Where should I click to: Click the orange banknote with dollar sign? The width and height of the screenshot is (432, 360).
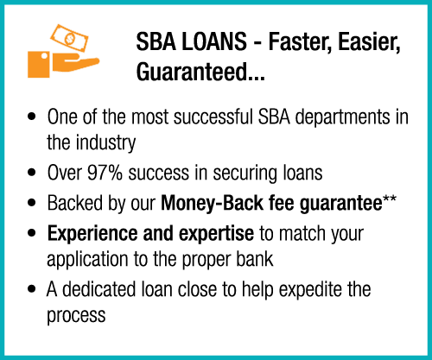click(x=69, y=38)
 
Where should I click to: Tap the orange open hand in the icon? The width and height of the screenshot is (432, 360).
click(x=76, y=65)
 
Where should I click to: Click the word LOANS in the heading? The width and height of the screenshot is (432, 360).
click(x=214, y=41)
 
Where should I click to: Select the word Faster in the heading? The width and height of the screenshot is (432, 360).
click(x=300, y=42)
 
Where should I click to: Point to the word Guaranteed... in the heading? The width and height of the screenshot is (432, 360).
click(x=200, y=72)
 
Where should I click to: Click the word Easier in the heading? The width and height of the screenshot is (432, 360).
click(x=369, y=42)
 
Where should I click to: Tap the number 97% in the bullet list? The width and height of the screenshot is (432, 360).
click(x=105, y=173)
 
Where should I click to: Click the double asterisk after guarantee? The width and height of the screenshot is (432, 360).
click(x=390, y=199)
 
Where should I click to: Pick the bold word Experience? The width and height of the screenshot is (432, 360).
click(x=92, y=234)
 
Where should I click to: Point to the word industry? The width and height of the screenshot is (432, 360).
click(x=105, y=143)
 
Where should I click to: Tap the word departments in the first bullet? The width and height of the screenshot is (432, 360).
click(x=342, y=117)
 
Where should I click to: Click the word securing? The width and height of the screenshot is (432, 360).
click(x=245, y=174)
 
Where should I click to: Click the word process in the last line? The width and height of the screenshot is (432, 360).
click(x=76, y=316)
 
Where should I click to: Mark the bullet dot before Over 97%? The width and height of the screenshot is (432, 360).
click(x=31, y=173)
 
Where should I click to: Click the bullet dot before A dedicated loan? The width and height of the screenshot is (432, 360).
click(x=31, y=289)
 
